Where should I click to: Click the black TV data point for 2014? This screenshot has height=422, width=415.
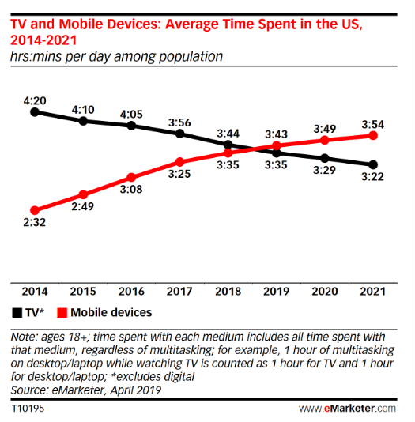click(35, 112)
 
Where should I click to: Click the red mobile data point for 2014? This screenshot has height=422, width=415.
click(35, 210)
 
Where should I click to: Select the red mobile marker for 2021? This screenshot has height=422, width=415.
click(374, 136)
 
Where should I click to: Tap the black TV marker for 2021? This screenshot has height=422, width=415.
click(374, 164)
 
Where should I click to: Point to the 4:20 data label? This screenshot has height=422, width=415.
click(35, 100)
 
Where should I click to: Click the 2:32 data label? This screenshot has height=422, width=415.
click(35, 224)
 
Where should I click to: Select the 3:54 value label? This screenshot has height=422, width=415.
click(374, 123)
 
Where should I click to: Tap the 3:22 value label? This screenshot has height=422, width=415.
click(374, 178)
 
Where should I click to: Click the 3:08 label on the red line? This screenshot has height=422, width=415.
click(132, 190)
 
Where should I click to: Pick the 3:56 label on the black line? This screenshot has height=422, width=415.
click(180, 122)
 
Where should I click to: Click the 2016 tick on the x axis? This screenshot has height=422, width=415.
click(132, 292)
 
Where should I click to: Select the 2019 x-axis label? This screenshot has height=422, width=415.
click(277, 292)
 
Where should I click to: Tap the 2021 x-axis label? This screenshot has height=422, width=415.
click(374, 292)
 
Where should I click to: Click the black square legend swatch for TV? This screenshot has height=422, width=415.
click(17, 313)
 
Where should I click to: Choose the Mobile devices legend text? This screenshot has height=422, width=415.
click(116, 313)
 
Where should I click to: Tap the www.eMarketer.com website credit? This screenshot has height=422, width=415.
click(347, 408)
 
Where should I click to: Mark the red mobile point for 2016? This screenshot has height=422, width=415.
click(132, 177)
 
